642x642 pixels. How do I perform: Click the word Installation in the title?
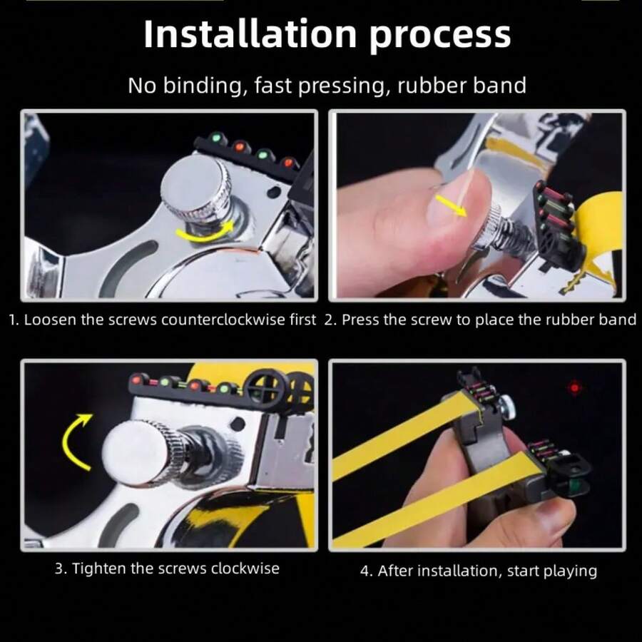pyautogui.click(x=250, y=34)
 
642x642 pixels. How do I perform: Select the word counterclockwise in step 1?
pyautogui.click(x=224, y=320)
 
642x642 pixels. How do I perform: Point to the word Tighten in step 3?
pyautogui.click(x=98, y=569)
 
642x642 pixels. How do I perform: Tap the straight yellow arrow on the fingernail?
pyautogui.click(x=450, y=205)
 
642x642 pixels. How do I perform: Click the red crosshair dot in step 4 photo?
pyautogui.click(x=574, y=387)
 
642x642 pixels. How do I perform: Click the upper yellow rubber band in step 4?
pyautogui.click(x=405, y=436)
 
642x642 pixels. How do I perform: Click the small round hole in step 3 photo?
pyautogui.click(x=238, y=424)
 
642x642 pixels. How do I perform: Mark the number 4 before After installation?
pyautogui.click(x=364, y=571)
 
